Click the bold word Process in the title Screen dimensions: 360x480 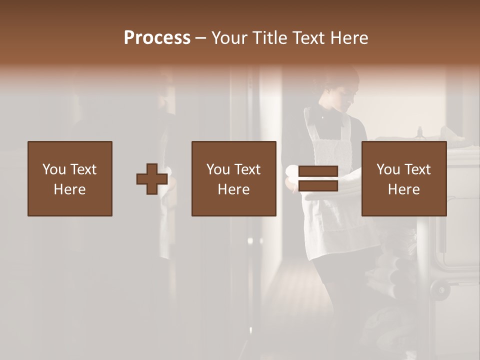pyautogui.click(x=157, y=38)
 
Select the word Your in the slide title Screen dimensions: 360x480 pyautogui.click(x=229, y=38)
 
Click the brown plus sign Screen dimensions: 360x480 pyautogui.click(x=152, y=179)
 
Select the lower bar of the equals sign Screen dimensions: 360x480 pyautogui.click(x=318, y=185)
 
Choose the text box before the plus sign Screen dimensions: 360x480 pyautogui.click(x=70, y=178)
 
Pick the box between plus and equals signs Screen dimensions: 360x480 pyautogui.click(x=234, y=178)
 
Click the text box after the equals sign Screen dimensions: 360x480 pyautogui.click(x=404, y=178)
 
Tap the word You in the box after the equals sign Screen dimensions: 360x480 pyautogui.click(x=388, y=169)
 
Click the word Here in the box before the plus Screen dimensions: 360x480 pyautogui.click(x=70, y=189)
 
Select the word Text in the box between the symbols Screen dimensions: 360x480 pyautogui.click(x=247, y=169)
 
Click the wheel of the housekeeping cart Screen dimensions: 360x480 pyautogui.click(x=440, y=289)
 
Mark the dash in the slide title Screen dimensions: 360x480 pyautogui.click(x=201, y=38)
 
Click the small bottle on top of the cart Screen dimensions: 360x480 pyautogui.click(x=420, y=132)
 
